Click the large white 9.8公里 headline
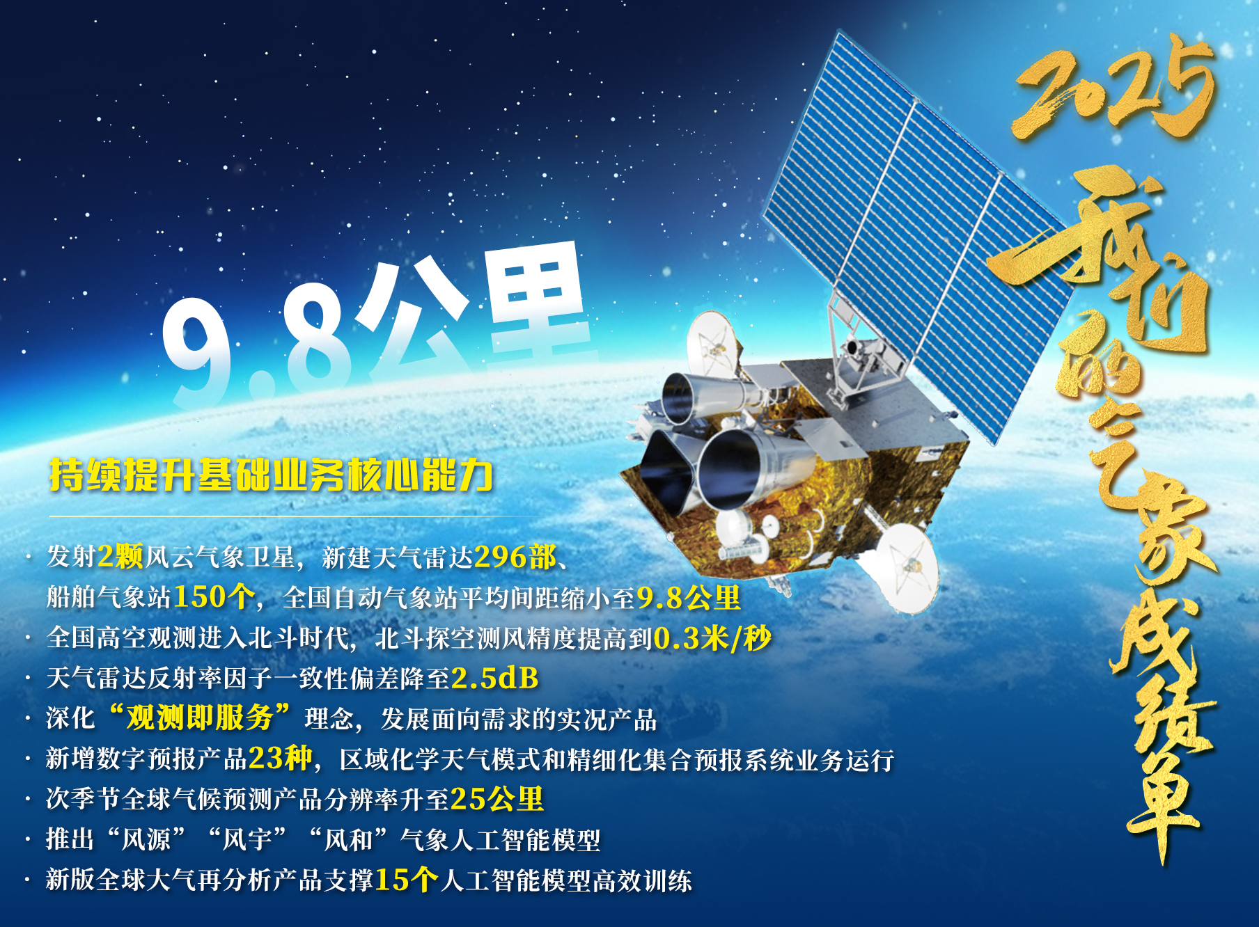pos(376,324)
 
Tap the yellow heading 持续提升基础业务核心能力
pos(271,475)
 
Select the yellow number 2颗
pos(120,557)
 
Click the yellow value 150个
pos(214,597)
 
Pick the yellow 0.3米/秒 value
pos(712,638)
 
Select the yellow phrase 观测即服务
pos(200,718)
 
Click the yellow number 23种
pos(281,759)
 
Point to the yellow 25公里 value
pos(497,799)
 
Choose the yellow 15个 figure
pos(407,880)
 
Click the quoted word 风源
pos(146,839)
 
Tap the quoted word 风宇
pos(247,839)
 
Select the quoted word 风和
pos(348,839)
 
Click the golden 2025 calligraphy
pos(1114,87)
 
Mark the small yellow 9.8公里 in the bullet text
pos(689,597)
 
